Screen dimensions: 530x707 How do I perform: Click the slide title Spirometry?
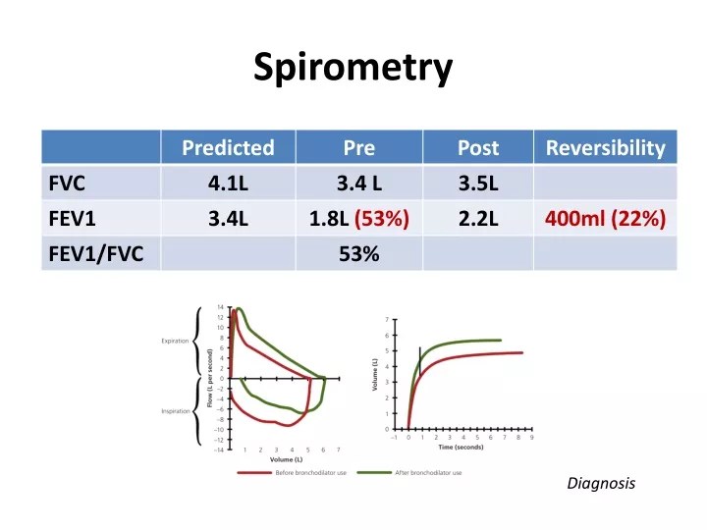pyautogui.click(x=353, y=68)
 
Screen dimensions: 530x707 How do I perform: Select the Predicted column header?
pyautogui.click(x=228, y=148)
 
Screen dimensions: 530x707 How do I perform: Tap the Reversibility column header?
pyautogui.click(x=605, y=148)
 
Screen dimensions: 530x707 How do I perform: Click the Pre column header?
pyautogui.click(x=359, y=148)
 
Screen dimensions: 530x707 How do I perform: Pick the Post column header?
pyautogui.click(x=478, y=148)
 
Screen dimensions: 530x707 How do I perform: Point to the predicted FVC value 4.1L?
pyautogui.click(x=228, y=183)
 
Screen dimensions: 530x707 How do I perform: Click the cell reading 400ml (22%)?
pyautogui.click(x=605, y=218)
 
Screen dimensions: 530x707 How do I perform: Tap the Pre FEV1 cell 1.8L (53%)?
pyautogui.click(x=359, y=218)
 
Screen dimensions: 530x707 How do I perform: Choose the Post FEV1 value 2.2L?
pyautogui.click(x=478, y=218)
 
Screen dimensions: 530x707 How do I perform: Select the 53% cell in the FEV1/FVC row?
pyautogui.click(x=359, y=253)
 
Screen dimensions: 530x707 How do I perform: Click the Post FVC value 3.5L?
pyautogui.click(x=478, y=183)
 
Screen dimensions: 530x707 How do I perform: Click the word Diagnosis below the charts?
pyautogui.click(x=601, y=483)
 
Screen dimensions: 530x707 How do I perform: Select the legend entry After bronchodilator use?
pyautogui.click(x=428, y=472)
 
